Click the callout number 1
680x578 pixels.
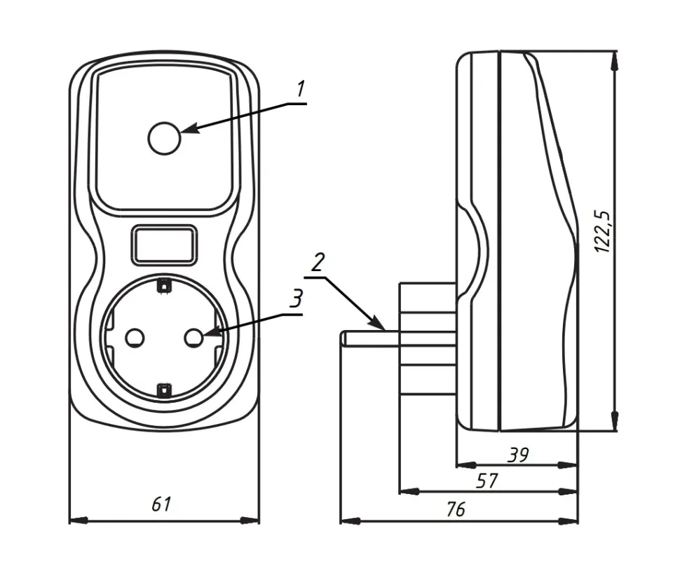(x=300, y=90)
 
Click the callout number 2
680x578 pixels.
(x=317, y=263)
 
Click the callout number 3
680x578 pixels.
(x=297, y=299)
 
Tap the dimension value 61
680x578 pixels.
(x=162, y=504)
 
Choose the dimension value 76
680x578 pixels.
(x=456, y=509)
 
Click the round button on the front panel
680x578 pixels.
(x=164, y=137)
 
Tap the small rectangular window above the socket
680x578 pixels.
(x=164, y=245)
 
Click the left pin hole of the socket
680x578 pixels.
(x=134, y=338)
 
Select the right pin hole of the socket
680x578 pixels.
(x=193, y=338)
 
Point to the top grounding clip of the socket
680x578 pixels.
(x=164, y=285)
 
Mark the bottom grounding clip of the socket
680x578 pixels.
(x=164, y=390)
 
